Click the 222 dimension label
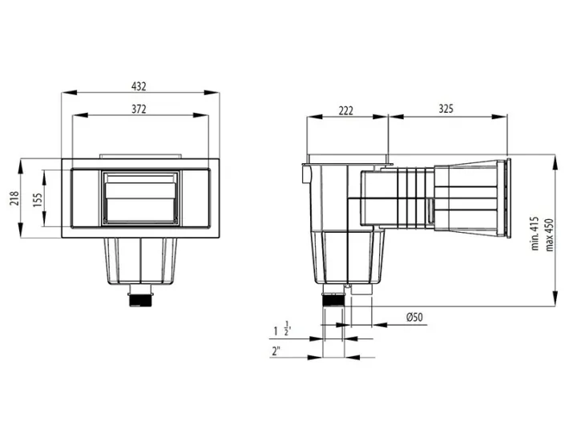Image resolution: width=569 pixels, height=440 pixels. [346, 110]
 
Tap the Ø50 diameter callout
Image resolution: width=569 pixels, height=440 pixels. [415, 318]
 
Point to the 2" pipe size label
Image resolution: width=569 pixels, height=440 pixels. [277, 350]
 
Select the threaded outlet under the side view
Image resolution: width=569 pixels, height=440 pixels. [332, 302]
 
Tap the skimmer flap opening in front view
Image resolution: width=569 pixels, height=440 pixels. [141, 198]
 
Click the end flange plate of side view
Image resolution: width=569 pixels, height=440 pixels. [506, 198]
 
